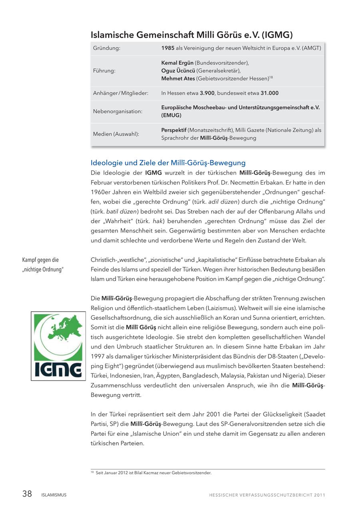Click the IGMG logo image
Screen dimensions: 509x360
coord(58,346)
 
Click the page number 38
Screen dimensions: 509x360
coord(27,494)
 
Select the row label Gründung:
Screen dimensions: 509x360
coord(107,48)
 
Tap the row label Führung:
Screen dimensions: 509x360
coord(104,70)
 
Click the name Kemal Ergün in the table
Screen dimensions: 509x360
coord(177,63)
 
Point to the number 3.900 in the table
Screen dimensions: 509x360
coord(207,93)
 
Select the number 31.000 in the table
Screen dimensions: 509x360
coord(269,93)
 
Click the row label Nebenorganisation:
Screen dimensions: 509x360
coord(118,111)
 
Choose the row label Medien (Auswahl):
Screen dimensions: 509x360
coord(116,134)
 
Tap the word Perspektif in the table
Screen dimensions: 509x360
coord(174,130)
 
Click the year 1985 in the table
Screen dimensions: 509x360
coord(168,48)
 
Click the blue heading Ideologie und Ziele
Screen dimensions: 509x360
coord(168,163)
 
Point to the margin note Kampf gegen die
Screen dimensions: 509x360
coord(40,260)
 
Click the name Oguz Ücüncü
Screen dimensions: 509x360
coord(178,71)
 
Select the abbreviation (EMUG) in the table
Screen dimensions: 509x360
coord(171,115)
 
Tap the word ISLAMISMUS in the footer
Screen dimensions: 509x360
coord(54,495)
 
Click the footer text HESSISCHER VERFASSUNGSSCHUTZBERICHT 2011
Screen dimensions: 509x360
coord(267,495)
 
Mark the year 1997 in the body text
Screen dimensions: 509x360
coord(98,356)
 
